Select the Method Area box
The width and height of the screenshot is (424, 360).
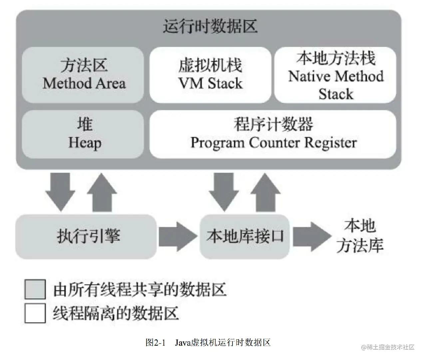tap(83, 75)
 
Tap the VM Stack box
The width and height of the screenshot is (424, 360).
tap(210, 75)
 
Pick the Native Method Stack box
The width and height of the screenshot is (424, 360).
tap(335, 75)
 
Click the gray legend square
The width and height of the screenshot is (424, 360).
tap(35, 289)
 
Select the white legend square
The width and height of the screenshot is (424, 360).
tap(35, 313)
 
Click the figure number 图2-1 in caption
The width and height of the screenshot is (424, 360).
tap(155, 342)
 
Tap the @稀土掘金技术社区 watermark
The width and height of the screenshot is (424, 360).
tap(388, 347)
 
